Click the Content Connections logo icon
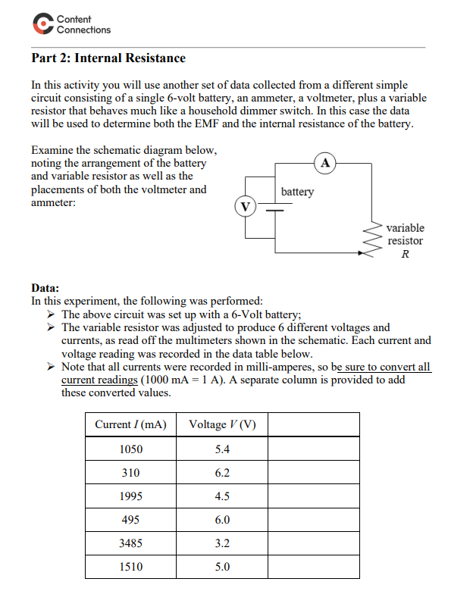click(x=42, y=24)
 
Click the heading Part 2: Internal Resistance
click(x=108, y=58)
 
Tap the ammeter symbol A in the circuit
click(x=325, y=162)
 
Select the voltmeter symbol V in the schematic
click(x=245, y=205)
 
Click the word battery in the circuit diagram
click(x=297, y=192)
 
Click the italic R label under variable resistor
click(x=406, y=254)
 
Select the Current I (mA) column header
click(x=130, y=424)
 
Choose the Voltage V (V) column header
click(x=222, y=424)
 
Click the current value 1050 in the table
click(x=130, y=449)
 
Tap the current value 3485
click(x=130, y=543)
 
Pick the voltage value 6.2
click(x=222, y=473)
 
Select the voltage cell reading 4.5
click(x=222, y=496)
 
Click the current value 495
click(x=130, y=520)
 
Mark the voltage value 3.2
click(x=222, y=543)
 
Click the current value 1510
click(x=130, y=567)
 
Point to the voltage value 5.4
click(x=222, y=449)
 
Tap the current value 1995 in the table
click(x=130, y=496)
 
